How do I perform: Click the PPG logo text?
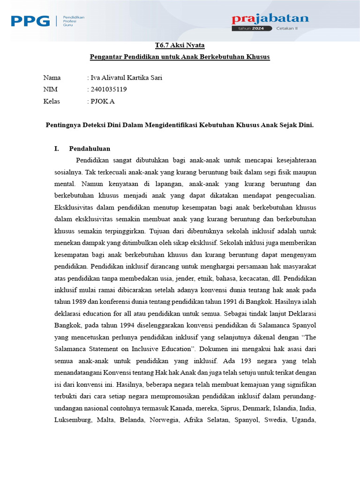30,21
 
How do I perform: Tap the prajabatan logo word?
270,19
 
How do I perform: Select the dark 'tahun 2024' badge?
251,28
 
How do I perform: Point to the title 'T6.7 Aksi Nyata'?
180,45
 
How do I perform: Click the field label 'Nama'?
52,78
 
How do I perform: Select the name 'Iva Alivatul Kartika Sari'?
126,78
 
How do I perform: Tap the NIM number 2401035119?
109,89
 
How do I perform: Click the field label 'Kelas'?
52,101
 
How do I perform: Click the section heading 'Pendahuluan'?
90,149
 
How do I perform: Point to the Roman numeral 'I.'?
57,149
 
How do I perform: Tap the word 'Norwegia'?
164,420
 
